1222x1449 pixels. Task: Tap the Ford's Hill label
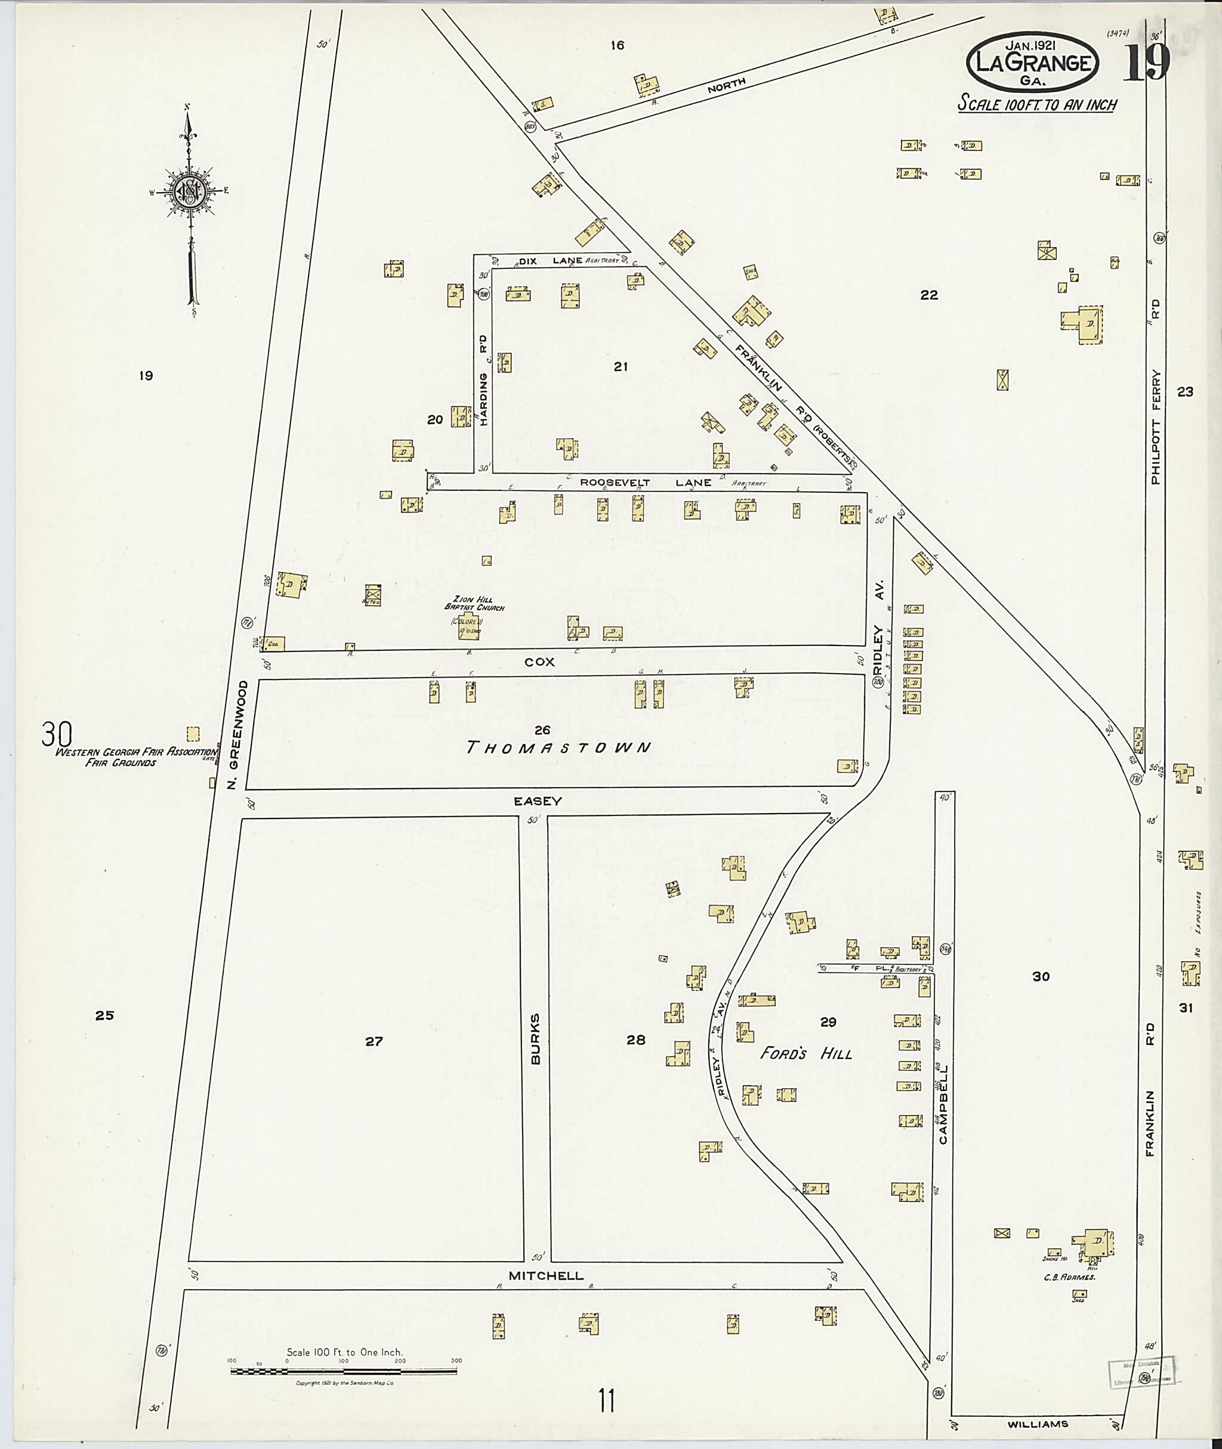[806, 1053]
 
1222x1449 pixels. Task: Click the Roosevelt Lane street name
[646, 483]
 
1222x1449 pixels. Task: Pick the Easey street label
[538, 801]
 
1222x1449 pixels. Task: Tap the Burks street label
[535, 1039]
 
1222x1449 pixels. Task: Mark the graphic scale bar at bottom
[345, 1371]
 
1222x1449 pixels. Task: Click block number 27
[374, 1040]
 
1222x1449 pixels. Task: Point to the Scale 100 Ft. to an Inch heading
[1036, 104]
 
